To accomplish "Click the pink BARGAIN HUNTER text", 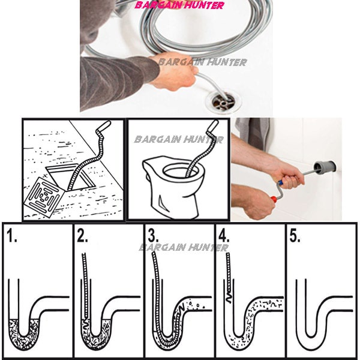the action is [x=179, y=5].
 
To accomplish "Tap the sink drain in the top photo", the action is [x=224, y=102].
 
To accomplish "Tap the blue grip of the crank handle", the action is [x=280, y=182].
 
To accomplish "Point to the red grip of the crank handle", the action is [x=273, y=198].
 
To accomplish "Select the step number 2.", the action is [x=82, y=235].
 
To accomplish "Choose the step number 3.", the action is [x=153, y=235].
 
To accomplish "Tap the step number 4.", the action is [x=224, y=235].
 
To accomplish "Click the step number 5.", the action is [x=295, y=235].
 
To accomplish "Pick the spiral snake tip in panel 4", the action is [x=229, y=298].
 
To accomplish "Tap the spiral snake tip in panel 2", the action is [x=85, y=324].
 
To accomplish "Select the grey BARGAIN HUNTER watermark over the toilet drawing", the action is [x=179, y=139].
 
